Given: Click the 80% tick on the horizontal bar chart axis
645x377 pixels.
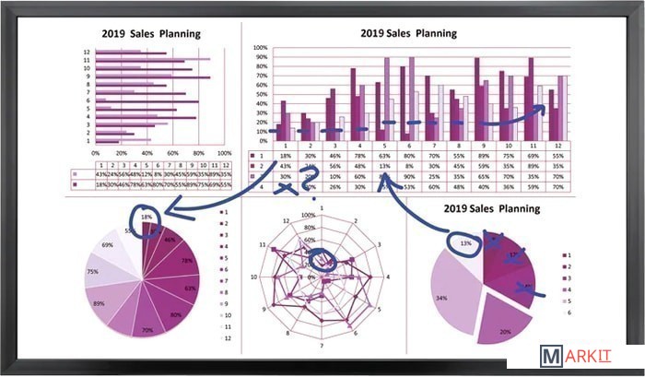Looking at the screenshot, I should [196, 153].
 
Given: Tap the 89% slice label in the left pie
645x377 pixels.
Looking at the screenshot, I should [100, 303].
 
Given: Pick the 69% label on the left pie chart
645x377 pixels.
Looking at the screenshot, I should [108, 245].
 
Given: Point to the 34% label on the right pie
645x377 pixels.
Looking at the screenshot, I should [442, 298].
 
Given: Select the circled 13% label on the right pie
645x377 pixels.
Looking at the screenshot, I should [466, 243].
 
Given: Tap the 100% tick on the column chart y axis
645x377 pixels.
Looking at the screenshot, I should [260, 48].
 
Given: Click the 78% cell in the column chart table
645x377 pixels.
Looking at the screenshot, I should [355, 157].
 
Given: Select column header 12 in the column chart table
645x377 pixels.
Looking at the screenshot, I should [557, 146].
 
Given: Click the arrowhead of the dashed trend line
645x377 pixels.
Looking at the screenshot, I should [542, 110].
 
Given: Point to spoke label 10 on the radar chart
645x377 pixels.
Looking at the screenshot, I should [254, 277].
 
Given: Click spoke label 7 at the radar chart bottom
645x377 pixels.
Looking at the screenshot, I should [320, 346].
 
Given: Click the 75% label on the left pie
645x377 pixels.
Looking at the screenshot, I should [92, 272].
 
